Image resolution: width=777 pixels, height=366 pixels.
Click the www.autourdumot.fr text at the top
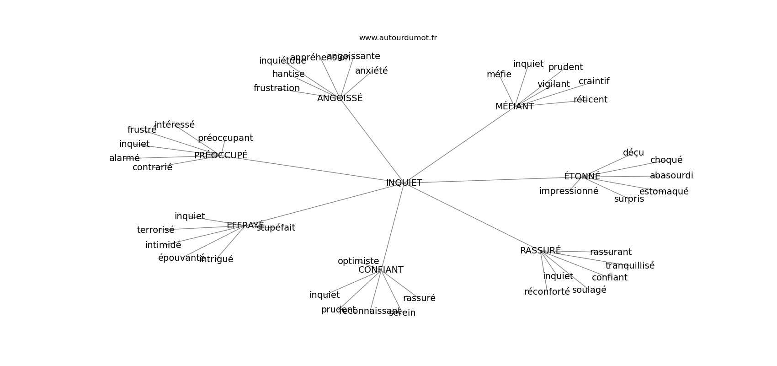[x=398, y=38]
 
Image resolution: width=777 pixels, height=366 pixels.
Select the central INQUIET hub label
[x=404, y=183]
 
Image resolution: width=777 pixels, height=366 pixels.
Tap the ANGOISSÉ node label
[x=340, y=98]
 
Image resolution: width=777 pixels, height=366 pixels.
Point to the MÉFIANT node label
[x=514, y=107]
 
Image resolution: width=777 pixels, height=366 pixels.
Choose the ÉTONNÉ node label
[x=582, y=177]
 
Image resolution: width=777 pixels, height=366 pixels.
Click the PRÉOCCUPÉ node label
[x=221, y=156]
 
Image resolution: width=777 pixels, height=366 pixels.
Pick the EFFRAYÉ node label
[x=245, y=226]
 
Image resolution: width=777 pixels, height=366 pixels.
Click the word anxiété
[x=371, y=71]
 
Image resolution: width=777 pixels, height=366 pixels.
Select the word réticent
[x=590, y=100]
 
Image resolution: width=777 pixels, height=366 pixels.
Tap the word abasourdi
[x=671, y=176]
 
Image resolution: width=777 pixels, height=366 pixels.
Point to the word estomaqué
[x=664, y=192]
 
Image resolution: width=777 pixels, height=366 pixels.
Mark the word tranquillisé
[x=629, y=266]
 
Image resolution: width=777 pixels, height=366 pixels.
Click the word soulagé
[x=589, y=290]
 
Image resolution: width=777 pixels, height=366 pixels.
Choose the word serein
[x=402, y=313]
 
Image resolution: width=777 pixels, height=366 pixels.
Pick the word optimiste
[x=358, y=261]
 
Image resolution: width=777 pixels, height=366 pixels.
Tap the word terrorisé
[x=155, y=230]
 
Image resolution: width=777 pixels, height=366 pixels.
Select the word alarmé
[x=124, y=158]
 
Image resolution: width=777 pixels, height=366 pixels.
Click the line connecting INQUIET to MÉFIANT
[x=459, y=145]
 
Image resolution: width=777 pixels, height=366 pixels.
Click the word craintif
[x=594, y=81]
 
